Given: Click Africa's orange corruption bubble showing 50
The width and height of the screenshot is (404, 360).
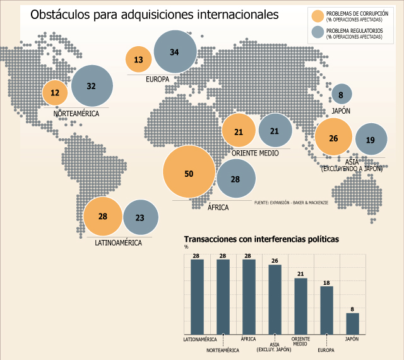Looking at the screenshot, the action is [x=189, y=172].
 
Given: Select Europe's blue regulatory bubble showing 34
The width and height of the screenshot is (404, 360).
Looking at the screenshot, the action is [x=175, y=52].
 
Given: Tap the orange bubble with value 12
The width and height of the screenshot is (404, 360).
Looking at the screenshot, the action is [x=55, y=93].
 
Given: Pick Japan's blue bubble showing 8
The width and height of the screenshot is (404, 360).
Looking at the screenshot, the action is [x=342, y=94].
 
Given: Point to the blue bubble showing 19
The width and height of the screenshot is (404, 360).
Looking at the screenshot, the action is [x=371, y=139].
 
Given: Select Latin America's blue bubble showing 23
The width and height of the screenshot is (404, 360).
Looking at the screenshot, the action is [x=141, y=217].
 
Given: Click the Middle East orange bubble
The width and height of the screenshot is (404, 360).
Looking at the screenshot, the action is [x=239, y=130].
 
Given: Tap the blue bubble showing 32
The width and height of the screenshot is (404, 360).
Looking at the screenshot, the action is [x=92, y=86].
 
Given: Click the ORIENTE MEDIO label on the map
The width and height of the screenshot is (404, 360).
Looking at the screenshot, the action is [x=255, y=153].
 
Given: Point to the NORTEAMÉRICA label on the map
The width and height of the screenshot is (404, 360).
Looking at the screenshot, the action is [x=76, y=114].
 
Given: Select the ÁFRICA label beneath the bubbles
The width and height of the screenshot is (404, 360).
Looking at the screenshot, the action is [x=218, y=207].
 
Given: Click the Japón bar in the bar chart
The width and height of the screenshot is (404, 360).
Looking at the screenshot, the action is [x=352, y=323].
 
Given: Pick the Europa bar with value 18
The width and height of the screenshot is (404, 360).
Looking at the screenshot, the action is [x=327, y=310].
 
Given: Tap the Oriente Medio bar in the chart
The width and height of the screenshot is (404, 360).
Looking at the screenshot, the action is [x=301, y=306].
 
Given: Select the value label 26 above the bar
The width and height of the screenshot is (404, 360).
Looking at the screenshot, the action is [x=275, y=261].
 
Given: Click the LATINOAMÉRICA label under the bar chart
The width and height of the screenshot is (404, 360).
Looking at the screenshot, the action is [x=200, y=339].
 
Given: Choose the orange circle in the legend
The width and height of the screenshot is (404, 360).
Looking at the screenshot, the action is [x=318, y=16].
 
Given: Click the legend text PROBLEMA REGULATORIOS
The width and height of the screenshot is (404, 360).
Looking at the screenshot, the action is [x=355, y=31].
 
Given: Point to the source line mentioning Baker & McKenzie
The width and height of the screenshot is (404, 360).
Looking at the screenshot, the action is [x=292, y=203].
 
